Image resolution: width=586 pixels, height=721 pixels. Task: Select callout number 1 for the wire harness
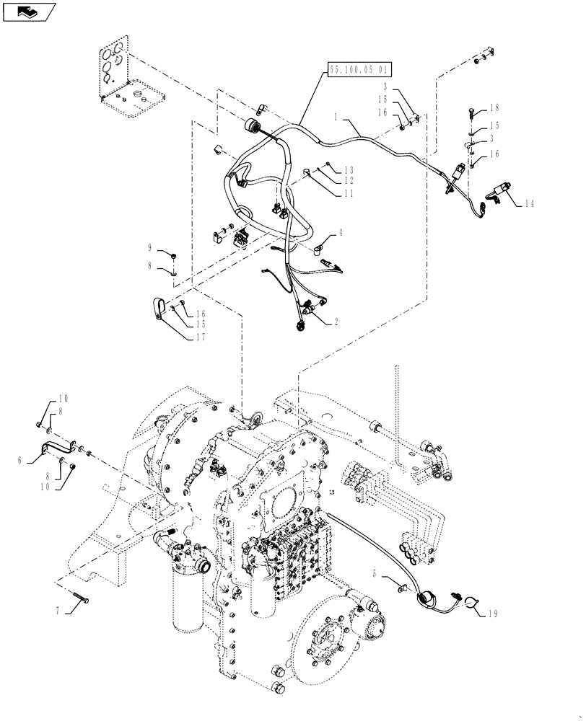coord(337,116)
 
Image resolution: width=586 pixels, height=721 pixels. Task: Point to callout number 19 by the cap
coord(492,614)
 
